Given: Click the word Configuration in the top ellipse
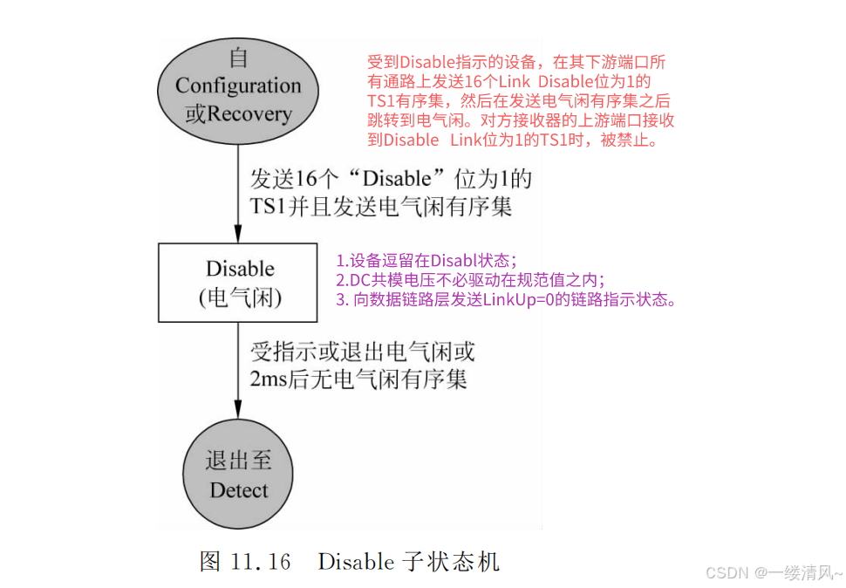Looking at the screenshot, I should tap(237, 85).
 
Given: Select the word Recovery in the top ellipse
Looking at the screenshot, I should tap(249, 114).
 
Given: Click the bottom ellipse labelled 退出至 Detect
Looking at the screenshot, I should tap(238, 475).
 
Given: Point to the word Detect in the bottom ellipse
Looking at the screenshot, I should tap(239, 490).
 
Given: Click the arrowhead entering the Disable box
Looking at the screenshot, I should tap(238, 235).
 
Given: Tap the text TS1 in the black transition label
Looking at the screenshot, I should tap(268, 207).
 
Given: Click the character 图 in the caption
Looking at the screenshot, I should tap(210, 562).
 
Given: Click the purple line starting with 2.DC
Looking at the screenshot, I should tap(470, 280).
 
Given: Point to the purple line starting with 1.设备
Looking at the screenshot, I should tap(426, 261).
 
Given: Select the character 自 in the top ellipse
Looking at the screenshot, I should tap(238, 58).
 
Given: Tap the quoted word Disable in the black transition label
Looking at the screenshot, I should tap(397, 180).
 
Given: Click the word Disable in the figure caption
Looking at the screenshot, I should tap(356, 562).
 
